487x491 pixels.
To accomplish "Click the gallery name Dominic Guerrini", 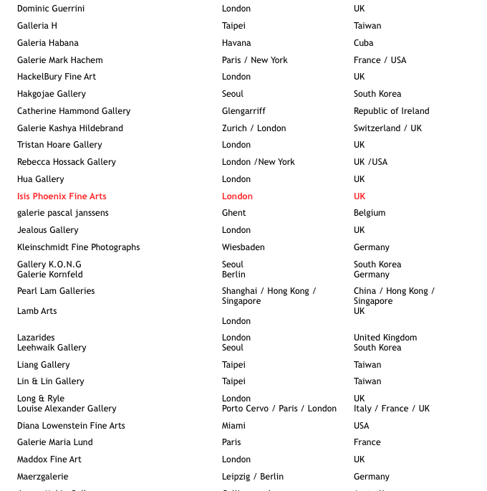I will click(51, 9).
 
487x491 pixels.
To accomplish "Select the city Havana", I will click(236, 43).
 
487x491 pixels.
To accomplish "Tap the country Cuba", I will click(363, 43).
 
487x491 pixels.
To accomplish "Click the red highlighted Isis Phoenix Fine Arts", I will click(62, 196).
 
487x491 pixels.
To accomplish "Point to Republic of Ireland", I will click(391, 111).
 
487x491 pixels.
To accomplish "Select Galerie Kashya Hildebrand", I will click(70, 128).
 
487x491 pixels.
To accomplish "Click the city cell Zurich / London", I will click(254, 128).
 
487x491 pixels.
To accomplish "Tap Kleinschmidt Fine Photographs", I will click(79, 247).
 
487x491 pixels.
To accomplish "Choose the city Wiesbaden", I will click(243, 247).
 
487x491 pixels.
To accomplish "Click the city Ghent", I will click(233, 213).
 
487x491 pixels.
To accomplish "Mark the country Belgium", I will click(370, 213).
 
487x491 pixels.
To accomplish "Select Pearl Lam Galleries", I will click(56, 291).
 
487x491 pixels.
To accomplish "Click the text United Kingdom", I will click(385, 338).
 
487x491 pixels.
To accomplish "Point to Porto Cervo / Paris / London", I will click(279, 409).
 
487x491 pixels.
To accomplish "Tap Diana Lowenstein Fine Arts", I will click(71, 426).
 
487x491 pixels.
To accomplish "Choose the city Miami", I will click(233, 426).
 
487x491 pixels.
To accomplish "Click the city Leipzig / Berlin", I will click(253, 477).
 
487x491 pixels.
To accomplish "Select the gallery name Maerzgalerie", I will click(43, 477).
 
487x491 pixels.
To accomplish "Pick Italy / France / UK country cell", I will click(392, 409).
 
